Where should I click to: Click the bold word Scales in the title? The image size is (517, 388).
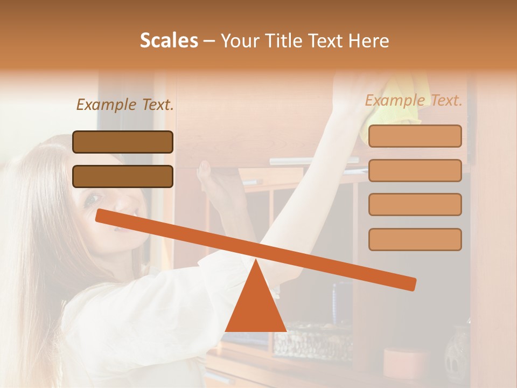click(x=169, y=40)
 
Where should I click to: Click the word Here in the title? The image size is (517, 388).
click(x=368, y=40)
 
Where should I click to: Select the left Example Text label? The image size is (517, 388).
click(x=125, y=105)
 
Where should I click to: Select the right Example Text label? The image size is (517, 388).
click(x=414, y=100)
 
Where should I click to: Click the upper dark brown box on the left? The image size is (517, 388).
click(x=123, y=142)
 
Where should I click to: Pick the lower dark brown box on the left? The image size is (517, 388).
click(x=123, y=176)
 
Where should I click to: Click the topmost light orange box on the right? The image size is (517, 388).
click(x=415, y=136)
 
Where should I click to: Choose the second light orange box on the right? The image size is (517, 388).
click(x=415, y=170)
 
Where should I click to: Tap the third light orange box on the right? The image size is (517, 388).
click(x=415, y=204)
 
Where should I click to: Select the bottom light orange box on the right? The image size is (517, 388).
click(x=415, y=239)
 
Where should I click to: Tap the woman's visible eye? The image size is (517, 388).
click(x=93, y=198)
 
